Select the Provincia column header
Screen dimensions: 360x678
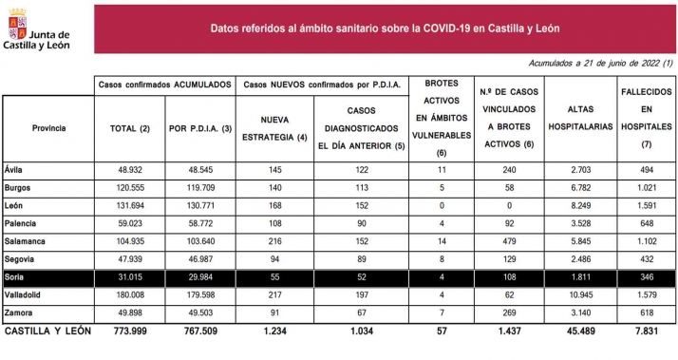tap(48, 126)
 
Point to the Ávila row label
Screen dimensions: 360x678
tap(15, 168)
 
